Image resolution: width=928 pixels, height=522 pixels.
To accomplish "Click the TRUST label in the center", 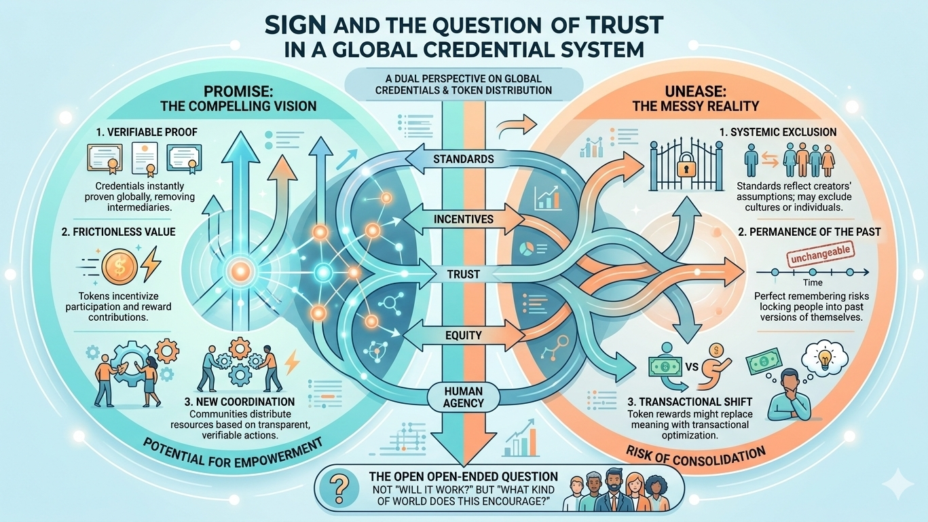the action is [464, 275].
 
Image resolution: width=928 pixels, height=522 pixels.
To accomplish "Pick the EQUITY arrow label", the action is [464, 334].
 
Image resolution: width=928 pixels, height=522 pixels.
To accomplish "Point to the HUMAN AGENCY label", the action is [464, 396].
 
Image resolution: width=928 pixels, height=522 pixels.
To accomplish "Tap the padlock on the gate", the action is [687, 163].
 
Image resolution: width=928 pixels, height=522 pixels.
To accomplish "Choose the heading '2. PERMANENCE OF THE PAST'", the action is [809, 232].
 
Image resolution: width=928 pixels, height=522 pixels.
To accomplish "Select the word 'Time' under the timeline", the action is [813, 283].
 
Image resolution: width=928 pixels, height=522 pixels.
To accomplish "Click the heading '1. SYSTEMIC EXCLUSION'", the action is [787, 132].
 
